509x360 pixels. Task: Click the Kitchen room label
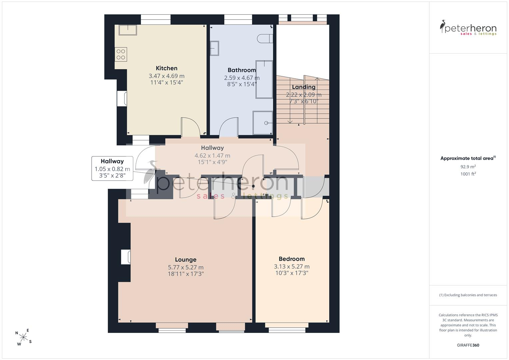(x=167, y=68)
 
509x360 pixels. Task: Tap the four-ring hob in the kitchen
(x=121, y=55)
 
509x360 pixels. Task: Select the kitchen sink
(x=128, y=30)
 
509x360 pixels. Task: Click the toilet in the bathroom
(x=265, y=39)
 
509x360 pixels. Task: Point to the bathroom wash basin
(x=214, y=48)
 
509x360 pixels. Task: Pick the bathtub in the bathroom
(x=264, y=80)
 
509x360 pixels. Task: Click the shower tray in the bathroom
(x=263, y=123)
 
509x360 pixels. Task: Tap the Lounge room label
(x=186, y=260)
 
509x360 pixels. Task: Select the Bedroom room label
(x=292, y=259)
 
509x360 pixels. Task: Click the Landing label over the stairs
(x=304, y=87)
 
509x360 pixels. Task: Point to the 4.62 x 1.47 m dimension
(x=212, y=156)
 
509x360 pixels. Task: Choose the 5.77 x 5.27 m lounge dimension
(x=186, y=267)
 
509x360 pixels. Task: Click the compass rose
(x=23, y=337)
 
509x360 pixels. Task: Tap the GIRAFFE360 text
(x=468, y=345)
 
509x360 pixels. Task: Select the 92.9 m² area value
(x=468, y=167)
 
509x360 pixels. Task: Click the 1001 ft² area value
(x=468, y=174)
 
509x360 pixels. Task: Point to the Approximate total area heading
(x=468, y=158)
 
